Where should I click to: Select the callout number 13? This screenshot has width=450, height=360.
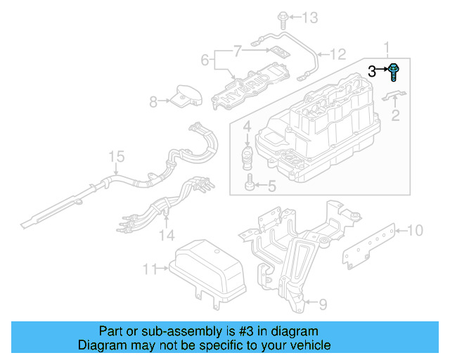pos(310,16)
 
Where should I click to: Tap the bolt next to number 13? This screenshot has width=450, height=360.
pos(283,16)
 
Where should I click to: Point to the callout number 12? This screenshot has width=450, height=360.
pos(339,53)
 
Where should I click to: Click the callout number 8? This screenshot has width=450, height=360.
pos(153,103)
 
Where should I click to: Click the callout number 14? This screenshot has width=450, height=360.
pos(167,234)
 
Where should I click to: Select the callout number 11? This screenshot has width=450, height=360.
pos(148,268)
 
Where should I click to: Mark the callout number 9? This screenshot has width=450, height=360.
pos(323,304)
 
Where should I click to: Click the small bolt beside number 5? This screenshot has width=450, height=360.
pos(250,186)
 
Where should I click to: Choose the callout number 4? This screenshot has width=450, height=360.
pos(247,127)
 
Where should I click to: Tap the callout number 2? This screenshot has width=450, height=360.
pos(395,115)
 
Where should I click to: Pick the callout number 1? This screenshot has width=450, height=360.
pos(386,48)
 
